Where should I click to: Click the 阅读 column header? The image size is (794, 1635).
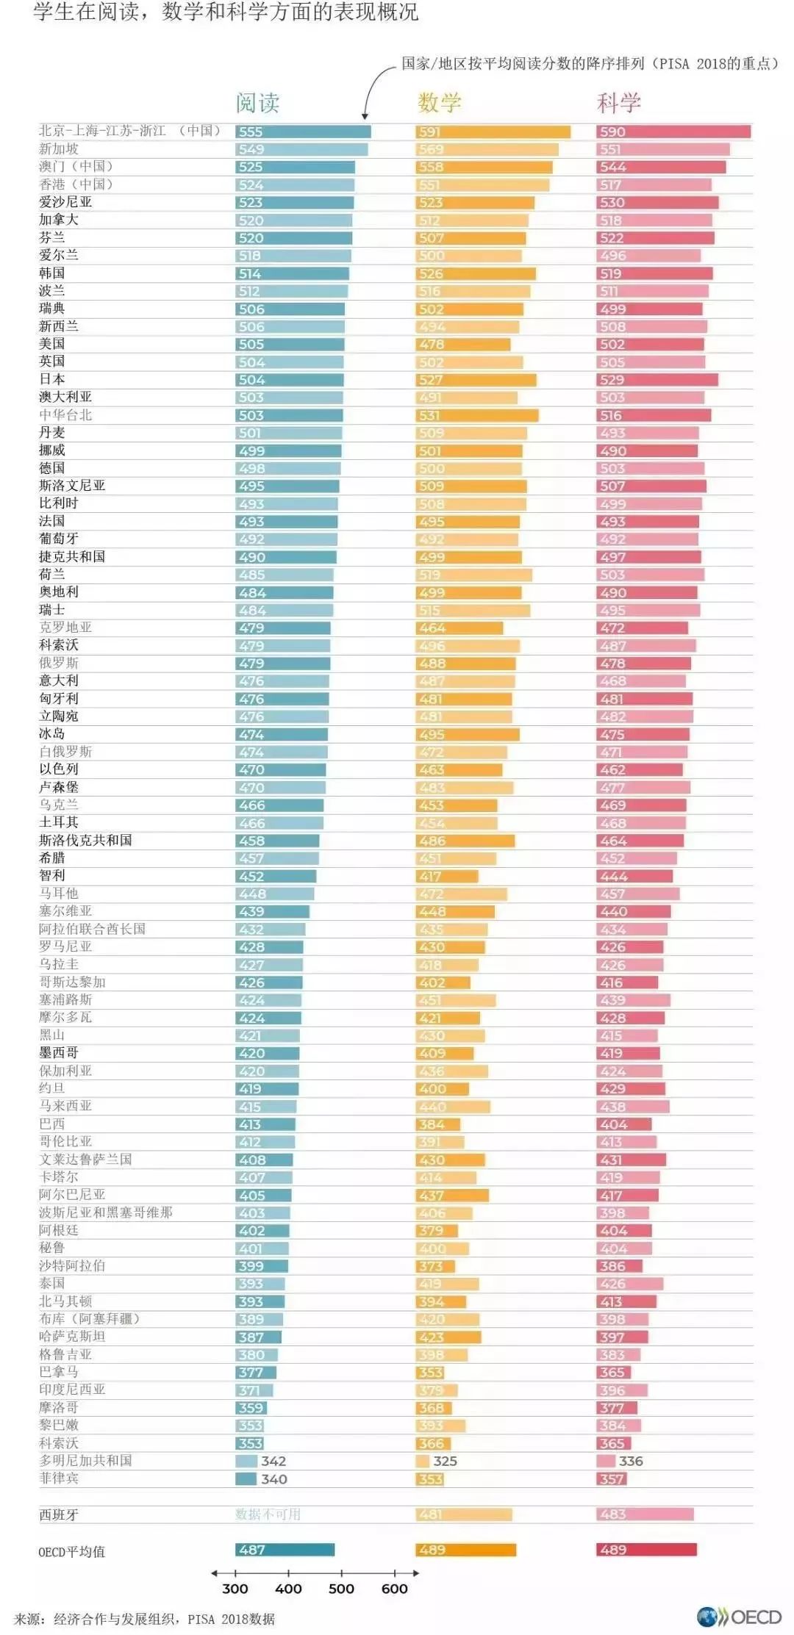click(x=257, y=103)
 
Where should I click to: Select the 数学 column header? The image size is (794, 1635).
click(x=439, y=103)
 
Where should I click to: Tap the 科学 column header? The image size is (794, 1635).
click(x=619, y=103)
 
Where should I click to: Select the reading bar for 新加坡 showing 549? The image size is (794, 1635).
click(x=301, y=149)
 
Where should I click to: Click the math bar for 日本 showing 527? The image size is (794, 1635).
click(x=476, y=380)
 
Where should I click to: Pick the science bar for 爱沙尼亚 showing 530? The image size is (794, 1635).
click(x=657, y=202)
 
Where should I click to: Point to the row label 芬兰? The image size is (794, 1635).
click(x=52, y=237)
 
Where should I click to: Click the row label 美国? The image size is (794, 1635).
click(x=52, y=344)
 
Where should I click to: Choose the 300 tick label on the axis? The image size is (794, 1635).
click(x=235, y=1589)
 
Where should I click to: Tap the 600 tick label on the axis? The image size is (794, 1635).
click(x=395, y=1589)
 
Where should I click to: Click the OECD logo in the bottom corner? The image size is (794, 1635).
click(x=739, y=1617)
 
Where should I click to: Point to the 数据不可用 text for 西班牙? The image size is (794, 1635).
click(x=268, y=1514)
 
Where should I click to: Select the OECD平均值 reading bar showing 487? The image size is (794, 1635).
click(x=285, y=1550)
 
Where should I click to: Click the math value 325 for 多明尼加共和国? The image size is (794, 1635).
click(x=445, y=1461)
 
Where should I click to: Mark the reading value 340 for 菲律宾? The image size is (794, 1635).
click(x=274, y=1478)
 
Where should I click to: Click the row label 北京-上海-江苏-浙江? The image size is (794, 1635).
click(x=129, y=131)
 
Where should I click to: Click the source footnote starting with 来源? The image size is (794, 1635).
click(x=144, y=1619)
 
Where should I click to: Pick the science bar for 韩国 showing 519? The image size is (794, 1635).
click(x=654, y=273)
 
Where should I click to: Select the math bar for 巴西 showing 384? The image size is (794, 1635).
click(x=437, y=1124)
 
